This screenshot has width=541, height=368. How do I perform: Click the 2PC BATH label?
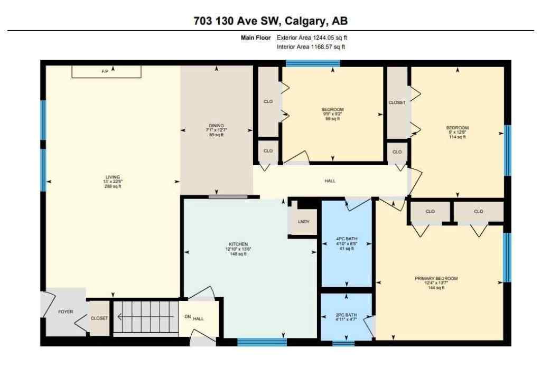[346, 315]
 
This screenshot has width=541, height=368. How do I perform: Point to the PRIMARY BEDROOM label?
[436, 278]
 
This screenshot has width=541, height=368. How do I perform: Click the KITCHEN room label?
[236, 244]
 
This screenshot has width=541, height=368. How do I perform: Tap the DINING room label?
[215, 126]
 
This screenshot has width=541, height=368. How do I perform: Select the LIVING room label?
[111, 177]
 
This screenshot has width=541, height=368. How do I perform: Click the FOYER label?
[66, 312]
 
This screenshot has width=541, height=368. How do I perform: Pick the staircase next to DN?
[145, 317]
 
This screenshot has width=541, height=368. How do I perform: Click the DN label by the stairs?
[186, 317]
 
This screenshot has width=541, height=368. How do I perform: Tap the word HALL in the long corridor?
[330, 181]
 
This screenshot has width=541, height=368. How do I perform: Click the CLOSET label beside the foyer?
[99, 318]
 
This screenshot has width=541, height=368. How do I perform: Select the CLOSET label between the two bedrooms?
[397, 103]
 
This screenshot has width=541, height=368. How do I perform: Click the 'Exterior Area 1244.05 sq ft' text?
[312, 37]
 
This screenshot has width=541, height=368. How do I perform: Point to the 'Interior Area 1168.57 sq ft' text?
[312, 47]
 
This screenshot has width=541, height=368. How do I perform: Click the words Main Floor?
[256, 37]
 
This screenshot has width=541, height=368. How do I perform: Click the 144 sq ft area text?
[436, 288]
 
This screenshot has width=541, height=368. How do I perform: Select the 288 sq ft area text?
[111, 186]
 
